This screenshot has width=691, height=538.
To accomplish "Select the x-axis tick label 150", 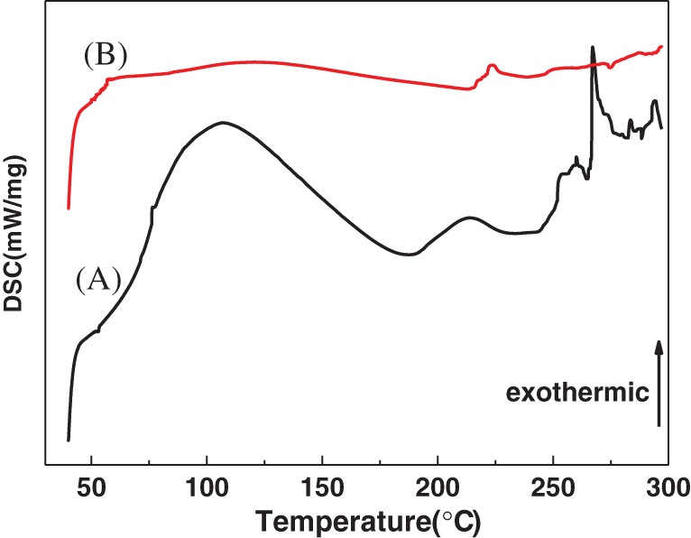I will coord(322,486).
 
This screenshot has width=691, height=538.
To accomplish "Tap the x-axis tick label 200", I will coord(438,486).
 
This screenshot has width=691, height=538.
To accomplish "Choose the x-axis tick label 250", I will coord(553,486).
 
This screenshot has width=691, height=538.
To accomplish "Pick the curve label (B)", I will coord(106,56).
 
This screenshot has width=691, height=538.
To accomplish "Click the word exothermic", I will coord(578,393).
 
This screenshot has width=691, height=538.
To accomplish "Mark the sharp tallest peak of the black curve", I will coord(593,47).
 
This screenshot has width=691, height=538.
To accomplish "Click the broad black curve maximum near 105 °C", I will coord(219,122).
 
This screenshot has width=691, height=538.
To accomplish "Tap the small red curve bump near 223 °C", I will coord(492,65).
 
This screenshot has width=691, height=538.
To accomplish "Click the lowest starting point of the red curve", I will coord(69,209).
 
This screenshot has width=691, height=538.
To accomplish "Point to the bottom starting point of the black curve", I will coord(69,440).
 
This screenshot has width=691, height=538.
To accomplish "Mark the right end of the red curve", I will coord(662,46).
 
